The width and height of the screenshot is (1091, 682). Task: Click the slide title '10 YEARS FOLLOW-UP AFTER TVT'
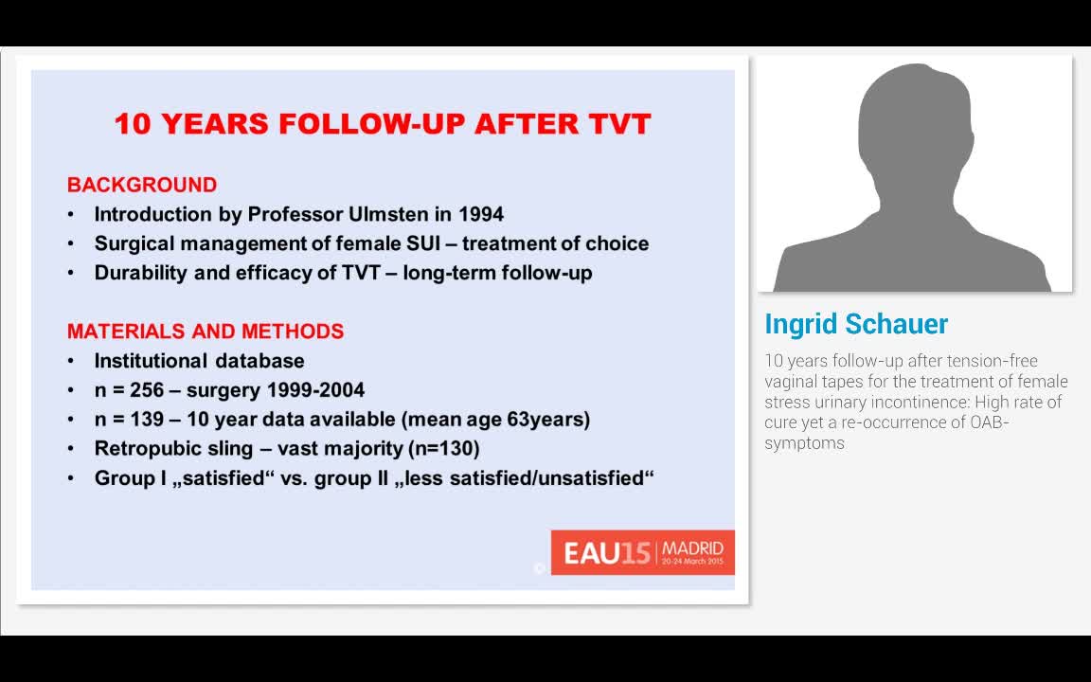click(x=383, y=124)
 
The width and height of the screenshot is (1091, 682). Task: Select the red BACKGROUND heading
click(x=142, y=185)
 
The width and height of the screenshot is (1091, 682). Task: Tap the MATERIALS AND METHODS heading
click(x=206, y=332)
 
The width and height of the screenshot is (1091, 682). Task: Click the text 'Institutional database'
click(x=199, y=361)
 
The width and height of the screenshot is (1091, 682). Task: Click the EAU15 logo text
click(x=607, y=553)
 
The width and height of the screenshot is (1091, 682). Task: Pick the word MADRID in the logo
click(x=692, y=548)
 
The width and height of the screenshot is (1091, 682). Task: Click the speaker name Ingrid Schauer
click(x=856, y=324)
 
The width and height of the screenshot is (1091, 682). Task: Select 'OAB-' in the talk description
click(x=989, y=422)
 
